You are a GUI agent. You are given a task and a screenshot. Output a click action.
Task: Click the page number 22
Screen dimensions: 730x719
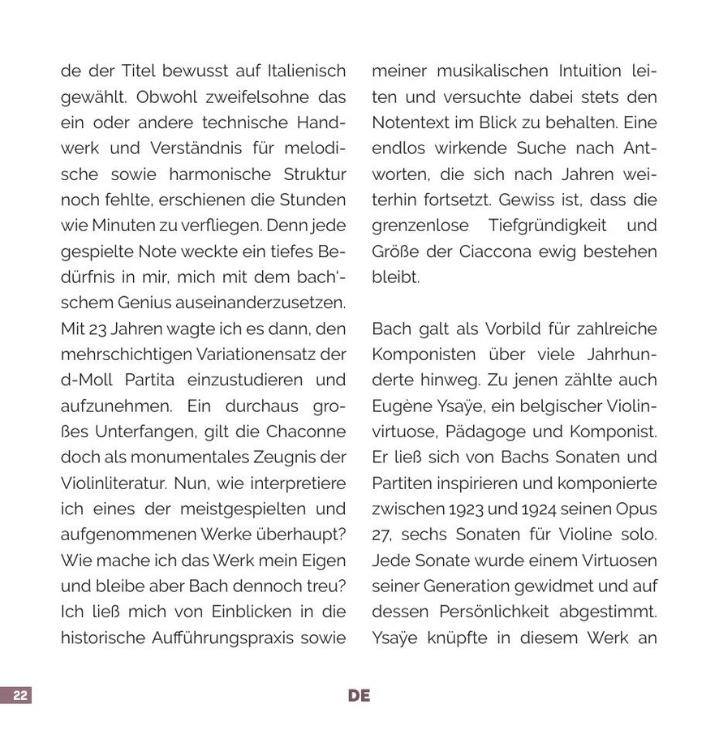click(20, 695)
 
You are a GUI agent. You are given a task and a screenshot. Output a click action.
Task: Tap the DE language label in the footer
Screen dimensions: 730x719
click(359, 695)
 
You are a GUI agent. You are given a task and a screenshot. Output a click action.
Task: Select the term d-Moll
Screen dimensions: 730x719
click(88, 380)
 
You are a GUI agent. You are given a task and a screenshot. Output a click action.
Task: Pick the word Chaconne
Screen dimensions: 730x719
click(304, 432)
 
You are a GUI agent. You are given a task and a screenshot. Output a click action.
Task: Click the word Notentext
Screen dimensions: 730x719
click(407, 123)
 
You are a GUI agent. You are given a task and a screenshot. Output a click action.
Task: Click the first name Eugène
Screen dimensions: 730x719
click(402, 406)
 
